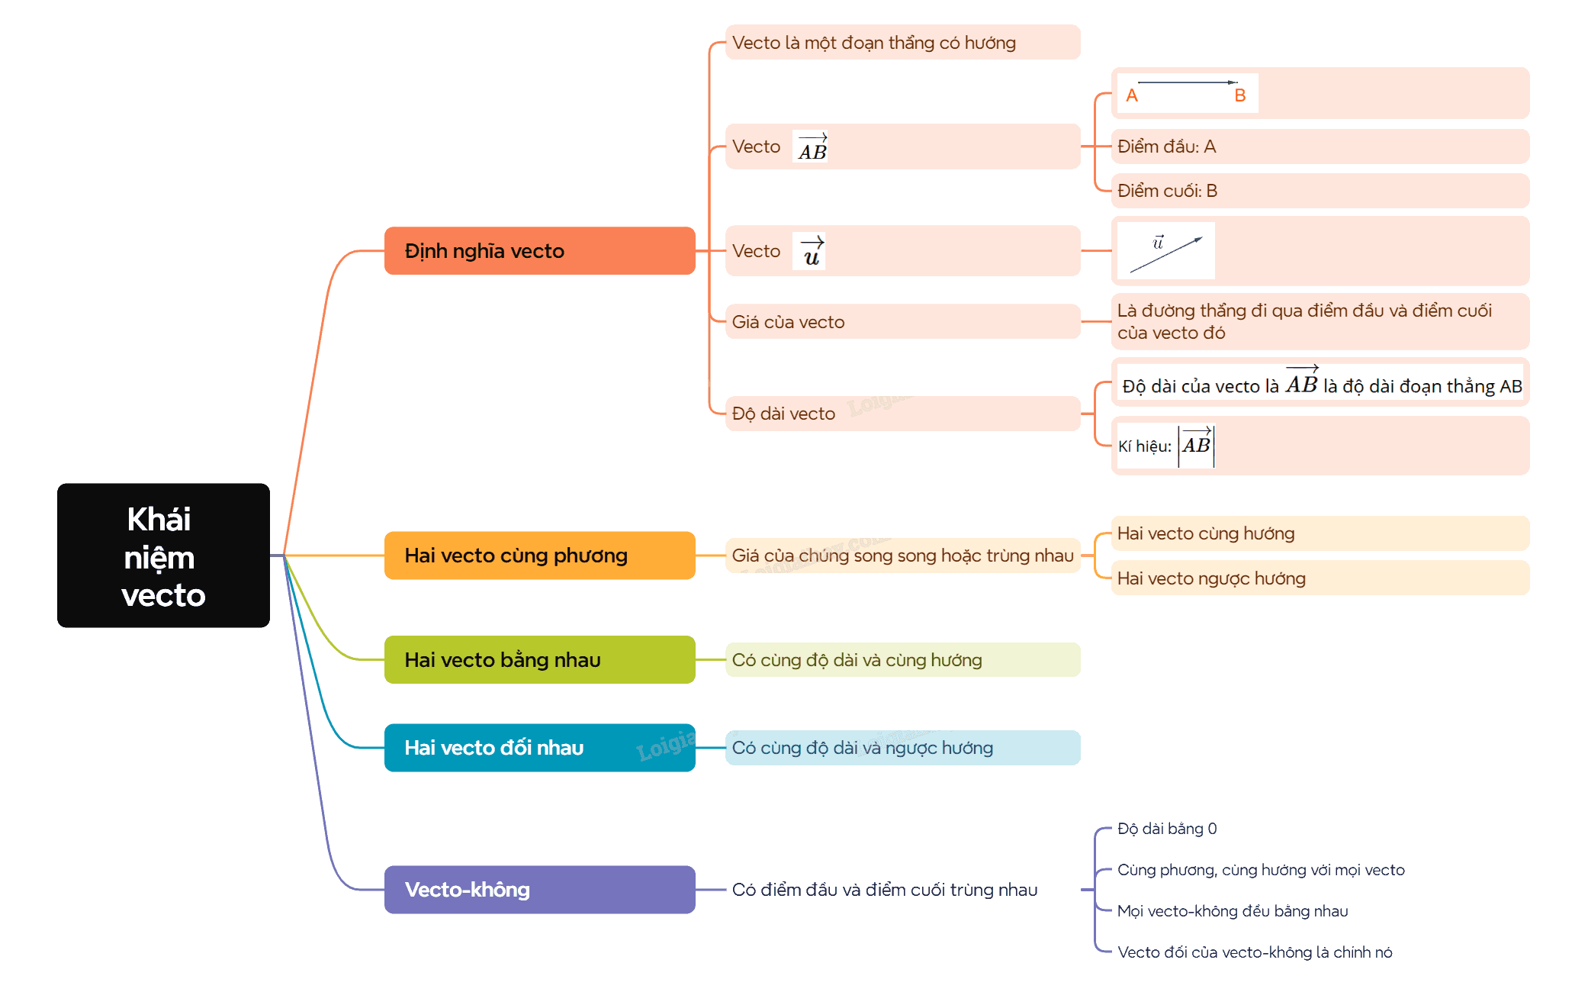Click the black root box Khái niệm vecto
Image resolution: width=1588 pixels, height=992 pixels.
click(163, 555)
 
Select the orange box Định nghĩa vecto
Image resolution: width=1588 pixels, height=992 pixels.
click(539, 250)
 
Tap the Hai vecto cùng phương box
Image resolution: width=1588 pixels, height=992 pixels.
click(539, 555)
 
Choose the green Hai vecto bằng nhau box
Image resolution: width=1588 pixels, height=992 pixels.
click(539, 659)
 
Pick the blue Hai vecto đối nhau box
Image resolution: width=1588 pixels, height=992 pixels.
click(539, 747)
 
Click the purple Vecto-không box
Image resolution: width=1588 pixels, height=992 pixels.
click(539, 889)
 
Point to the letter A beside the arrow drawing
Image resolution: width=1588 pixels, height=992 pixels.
click(1132, 95)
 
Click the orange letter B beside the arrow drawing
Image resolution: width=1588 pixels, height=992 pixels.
click(1240, 95)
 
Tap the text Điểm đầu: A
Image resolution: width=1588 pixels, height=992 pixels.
click(1166, 147)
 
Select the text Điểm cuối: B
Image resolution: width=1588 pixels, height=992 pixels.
click(1167, 191)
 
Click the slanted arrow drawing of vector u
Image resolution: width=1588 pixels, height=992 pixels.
click(1166, 255)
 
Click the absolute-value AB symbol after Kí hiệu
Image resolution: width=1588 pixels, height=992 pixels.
click(1196, 446)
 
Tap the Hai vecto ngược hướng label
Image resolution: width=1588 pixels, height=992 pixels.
click(1211, 578)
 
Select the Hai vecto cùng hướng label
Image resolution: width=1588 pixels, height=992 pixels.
click(1206, 533)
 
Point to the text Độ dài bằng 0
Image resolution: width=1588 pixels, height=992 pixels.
click(1167, 829)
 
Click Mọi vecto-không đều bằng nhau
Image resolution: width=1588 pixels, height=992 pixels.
click(1233, 911)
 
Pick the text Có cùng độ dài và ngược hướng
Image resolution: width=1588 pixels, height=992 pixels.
click(863, 748)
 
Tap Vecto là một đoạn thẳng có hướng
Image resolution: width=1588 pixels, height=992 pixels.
click(874, 43)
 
